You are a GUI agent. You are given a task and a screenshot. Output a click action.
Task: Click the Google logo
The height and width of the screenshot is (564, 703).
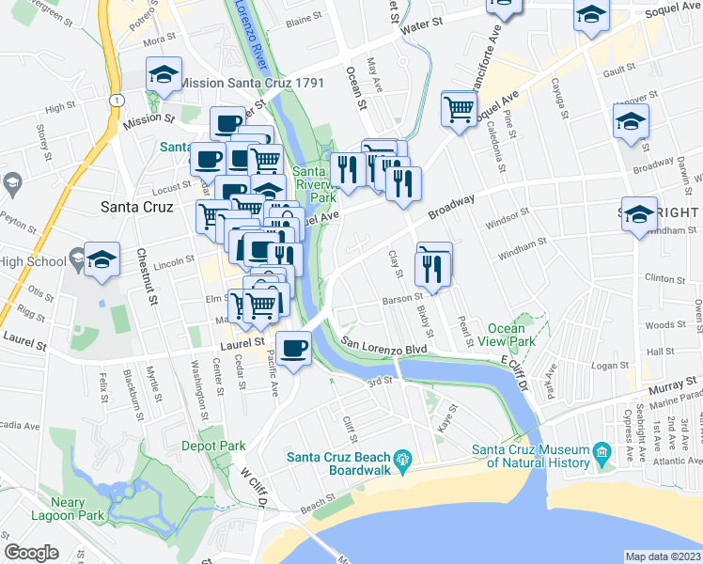click(32, 553)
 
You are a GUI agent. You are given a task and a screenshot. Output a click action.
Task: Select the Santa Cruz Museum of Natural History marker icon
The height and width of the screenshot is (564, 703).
click(601, 457)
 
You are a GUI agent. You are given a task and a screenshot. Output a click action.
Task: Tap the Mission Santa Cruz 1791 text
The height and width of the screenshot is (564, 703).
click(251, 83)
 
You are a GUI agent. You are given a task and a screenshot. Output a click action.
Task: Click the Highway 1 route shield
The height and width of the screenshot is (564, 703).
click(114, 100)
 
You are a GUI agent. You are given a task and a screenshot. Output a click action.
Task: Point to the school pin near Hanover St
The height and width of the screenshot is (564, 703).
click(631, 121)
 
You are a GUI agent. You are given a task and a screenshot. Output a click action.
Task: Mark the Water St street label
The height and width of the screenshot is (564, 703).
click(420, 27)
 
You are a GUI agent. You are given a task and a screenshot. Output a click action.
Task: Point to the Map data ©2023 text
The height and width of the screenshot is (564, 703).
click(663, 556)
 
